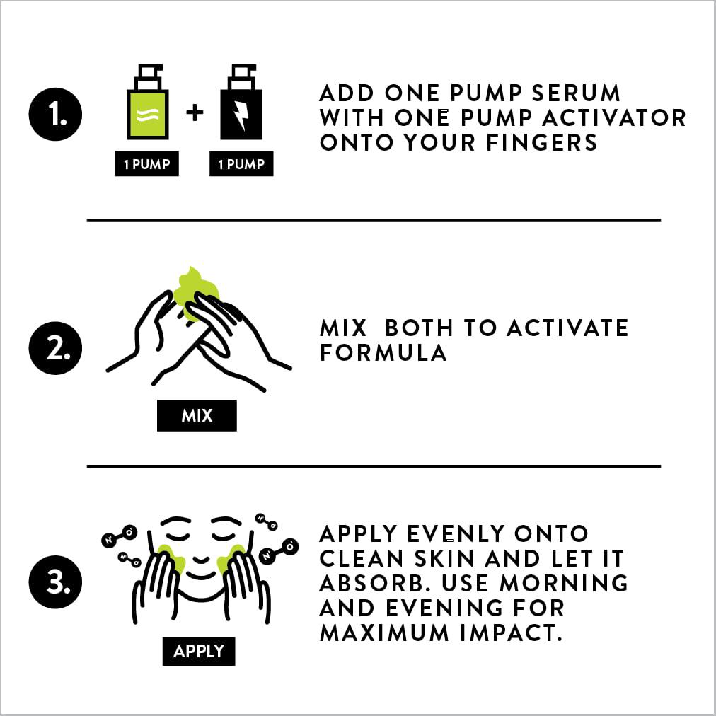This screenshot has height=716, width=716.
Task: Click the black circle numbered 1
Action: click(55, 114)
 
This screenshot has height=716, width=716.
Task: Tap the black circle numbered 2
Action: click(55, 348)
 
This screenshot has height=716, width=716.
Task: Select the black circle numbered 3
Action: click(55, 582)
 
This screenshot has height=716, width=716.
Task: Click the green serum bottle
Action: click(147, 102)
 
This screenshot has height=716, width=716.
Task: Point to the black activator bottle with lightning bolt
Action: click(241, 102)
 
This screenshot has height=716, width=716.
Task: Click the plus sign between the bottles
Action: click(195, 112)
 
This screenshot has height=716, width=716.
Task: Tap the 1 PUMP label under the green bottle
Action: click(146, 163)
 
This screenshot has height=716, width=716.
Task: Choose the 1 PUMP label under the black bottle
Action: click(241, 163)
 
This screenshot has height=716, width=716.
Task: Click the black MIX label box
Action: click(197, 415)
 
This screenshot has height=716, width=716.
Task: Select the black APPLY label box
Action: click(199, 651)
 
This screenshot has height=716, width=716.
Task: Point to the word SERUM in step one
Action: click(576, 93)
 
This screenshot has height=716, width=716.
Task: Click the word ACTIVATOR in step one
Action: click(614, 118)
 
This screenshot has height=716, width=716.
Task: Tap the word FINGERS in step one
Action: click(541, 142)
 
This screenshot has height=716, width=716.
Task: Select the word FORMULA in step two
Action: click(383, 352)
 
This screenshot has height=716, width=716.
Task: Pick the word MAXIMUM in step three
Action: click(384, 633)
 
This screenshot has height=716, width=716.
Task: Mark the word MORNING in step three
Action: click(564, 583)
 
